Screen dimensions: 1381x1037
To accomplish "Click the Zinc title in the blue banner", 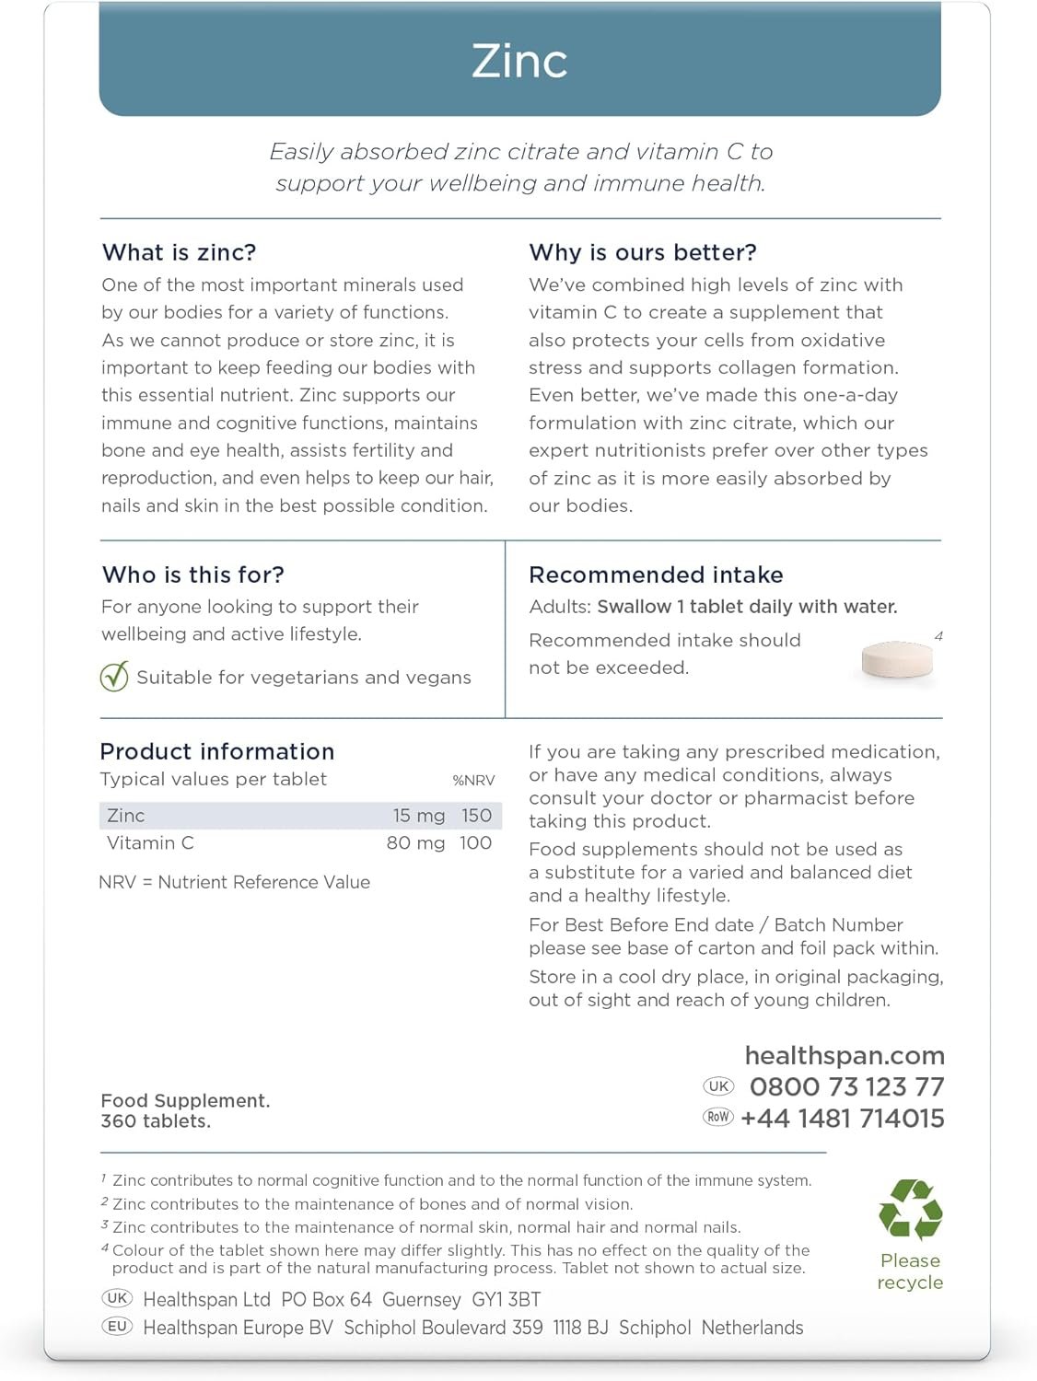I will [x=519, y=62].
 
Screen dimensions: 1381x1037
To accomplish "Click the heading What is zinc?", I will [x=180, y=252].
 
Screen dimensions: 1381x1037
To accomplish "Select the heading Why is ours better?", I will [x=643, y=252].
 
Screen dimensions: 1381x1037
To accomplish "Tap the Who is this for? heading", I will [x=193, y=574].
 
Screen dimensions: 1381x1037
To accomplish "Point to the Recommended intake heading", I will [x=656, y=574].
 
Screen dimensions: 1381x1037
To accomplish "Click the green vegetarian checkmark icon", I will [x=114, y=677].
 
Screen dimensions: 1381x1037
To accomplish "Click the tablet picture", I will [x=896, y=659].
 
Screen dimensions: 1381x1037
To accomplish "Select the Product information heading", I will [x=217, y=751].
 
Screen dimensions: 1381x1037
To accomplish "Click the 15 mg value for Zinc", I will [x=419, y=816].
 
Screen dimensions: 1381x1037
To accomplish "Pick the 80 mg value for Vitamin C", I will [x=415, y=843].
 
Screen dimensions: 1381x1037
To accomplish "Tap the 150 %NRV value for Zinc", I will [x=476, y=816].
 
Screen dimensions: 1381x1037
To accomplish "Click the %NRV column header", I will [x=473, y=781].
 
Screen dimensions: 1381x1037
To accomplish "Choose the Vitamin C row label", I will [x=150, y=843].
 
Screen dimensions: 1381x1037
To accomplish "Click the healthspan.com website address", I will [x=845, y=1055].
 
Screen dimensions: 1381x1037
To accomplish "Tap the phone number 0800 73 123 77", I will [x=846, y=1087].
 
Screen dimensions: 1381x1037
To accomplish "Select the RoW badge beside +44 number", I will [x=718, y=1117].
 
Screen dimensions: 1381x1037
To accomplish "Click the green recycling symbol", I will [x=910, y=1209].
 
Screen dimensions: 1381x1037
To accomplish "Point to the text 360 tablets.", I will [x=156, y=1121].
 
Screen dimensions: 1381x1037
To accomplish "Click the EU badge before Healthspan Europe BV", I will [x=117, y=1327].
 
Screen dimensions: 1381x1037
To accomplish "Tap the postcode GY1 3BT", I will [x=507, y=1300].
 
